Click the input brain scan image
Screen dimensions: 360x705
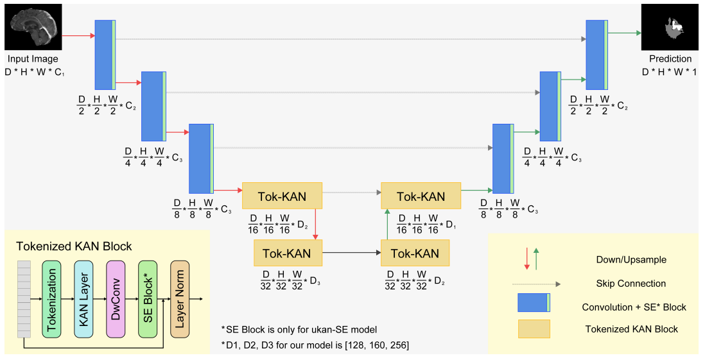[x=33, y=27]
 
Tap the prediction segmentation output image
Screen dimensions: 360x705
[x=670, y=28]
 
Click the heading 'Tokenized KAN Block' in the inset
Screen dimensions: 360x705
[x=74, y=246]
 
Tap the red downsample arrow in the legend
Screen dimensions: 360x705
[x=527, y=259]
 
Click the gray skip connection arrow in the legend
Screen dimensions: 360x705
[x=536, y=284]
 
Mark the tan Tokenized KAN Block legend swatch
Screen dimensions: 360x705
[x=534, y=329]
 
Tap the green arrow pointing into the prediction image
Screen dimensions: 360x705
[x=625, y=32]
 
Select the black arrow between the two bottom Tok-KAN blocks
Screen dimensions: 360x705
[x=351, y=253]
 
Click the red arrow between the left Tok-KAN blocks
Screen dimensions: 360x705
[x=316, y=224]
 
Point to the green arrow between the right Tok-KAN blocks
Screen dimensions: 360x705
[x=387, y=224]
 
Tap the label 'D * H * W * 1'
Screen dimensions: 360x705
[x=669, y=72]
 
